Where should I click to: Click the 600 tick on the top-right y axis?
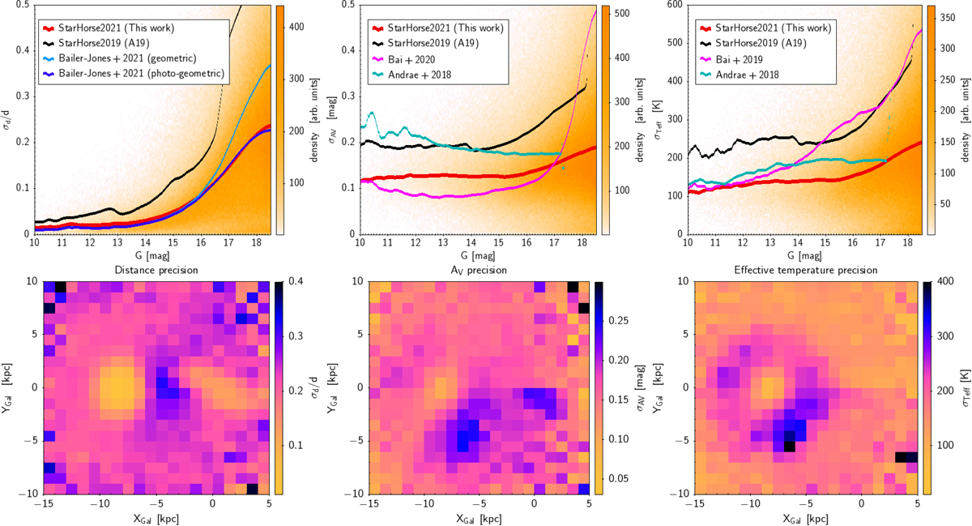click(x=674, y=6)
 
